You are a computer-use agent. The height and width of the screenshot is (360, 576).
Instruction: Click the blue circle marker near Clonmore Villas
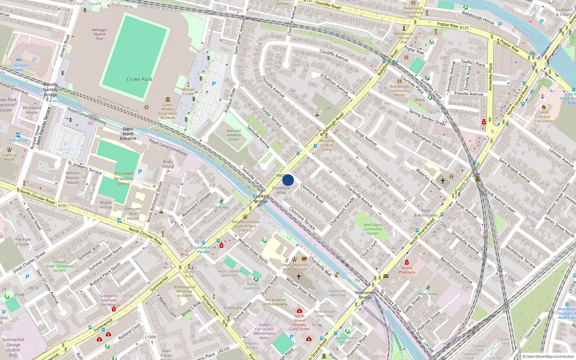tap(288, 180)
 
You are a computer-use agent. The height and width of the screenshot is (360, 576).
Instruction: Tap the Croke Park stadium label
tap(139, 79)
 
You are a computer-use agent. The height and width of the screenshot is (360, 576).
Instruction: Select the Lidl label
tap(328, 108)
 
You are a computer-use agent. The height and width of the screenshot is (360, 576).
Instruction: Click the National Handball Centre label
tap(234, 135)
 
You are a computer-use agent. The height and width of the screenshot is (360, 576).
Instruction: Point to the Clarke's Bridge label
tap(261, 199)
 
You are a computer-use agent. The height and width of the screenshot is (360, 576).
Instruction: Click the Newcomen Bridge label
tap(365, 295)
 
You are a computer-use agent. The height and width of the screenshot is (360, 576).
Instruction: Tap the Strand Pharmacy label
tap(406, 270)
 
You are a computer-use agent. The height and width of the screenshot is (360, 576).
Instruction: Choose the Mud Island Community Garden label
tap(373, 229)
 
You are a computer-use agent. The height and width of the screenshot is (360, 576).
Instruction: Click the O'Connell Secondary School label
tap(123, 179)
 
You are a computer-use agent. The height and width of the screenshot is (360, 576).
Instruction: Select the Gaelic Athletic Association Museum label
tap(168, 111)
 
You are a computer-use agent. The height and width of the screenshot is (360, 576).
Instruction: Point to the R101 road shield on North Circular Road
tap(63, 206)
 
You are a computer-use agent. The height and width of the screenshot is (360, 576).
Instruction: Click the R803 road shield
tap(281, 176)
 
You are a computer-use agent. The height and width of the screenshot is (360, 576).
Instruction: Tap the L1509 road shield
tap(150, 337)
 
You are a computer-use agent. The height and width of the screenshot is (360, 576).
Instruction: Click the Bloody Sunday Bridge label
tap(50, 90)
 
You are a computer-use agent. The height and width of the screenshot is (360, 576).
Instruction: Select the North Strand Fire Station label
tap(544, 117)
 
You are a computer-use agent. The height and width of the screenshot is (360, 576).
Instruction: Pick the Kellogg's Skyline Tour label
tap(99, 34)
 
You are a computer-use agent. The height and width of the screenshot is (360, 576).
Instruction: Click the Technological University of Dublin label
tap(184, 291)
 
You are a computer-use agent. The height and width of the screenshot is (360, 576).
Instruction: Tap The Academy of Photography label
tap(275, 302)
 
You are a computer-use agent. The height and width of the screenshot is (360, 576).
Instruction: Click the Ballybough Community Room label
tap(400, 91)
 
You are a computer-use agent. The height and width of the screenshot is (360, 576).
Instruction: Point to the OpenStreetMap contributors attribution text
tap(548, 356)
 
